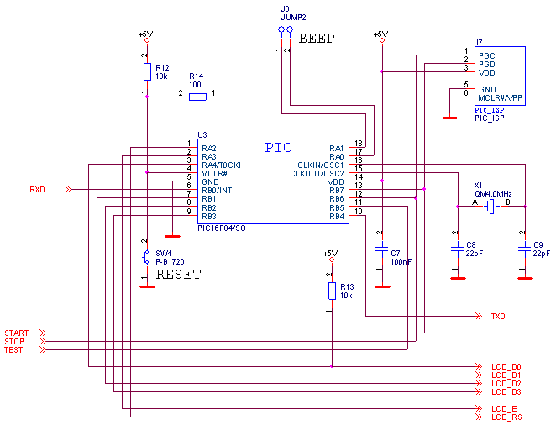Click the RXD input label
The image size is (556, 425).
click(37, 190)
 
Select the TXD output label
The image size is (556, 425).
click(498, 317)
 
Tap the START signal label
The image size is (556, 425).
click(16, 333)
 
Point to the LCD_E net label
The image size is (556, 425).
click(505, 409)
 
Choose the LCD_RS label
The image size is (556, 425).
click(506, 417)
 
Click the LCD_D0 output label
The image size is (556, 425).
click(506, 367)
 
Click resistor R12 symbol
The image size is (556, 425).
click(147, 72)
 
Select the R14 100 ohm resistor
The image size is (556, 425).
click(197, 97)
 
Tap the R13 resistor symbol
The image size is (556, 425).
click(332, 291)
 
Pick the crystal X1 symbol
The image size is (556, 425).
click(492, 206)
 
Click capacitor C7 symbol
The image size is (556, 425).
click(382, 249)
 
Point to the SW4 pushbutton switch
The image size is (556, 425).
click(147, 257)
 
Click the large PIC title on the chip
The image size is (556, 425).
click(279, 148)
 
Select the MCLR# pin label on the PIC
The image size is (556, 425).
click(214, 174)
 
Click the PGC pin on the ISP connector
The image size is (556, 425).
click(487, 55)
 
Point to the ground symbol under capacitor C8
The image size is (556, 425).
click(458, 277)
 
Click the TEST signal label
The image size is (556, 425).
click(14, 350)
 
